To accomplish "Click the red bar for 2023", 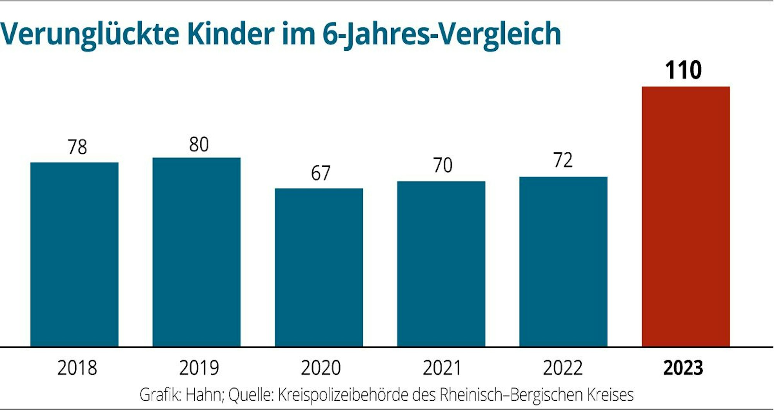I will coord(686,217).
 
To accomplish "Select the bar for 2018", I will coord(74,255).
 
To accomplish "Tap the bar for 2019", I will coord(197,252).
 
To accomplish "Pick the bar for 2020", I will coord(319,268).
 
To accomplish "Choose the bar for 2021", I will coord(441,264).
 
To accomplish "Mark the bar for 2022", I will coord(563,261).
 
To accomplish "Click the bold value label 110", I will coord(683,70).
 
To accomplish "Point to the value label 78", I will coord(77,147).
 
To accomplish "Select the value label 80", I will coord(199,145).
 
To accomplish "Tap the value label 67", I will coord(320,173).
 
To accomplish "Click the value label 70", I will coord(442,165).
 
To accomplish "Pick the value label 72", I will coord(563,160).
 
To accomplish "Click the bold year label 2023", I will coord(683,368).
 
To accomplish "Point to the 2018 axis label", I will coord(77,368).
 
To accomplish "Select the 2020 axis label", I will coord(320,368).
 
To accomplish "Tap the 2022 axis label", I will coord(563,368).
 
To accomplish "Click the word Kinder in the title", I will coord(231,34).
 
